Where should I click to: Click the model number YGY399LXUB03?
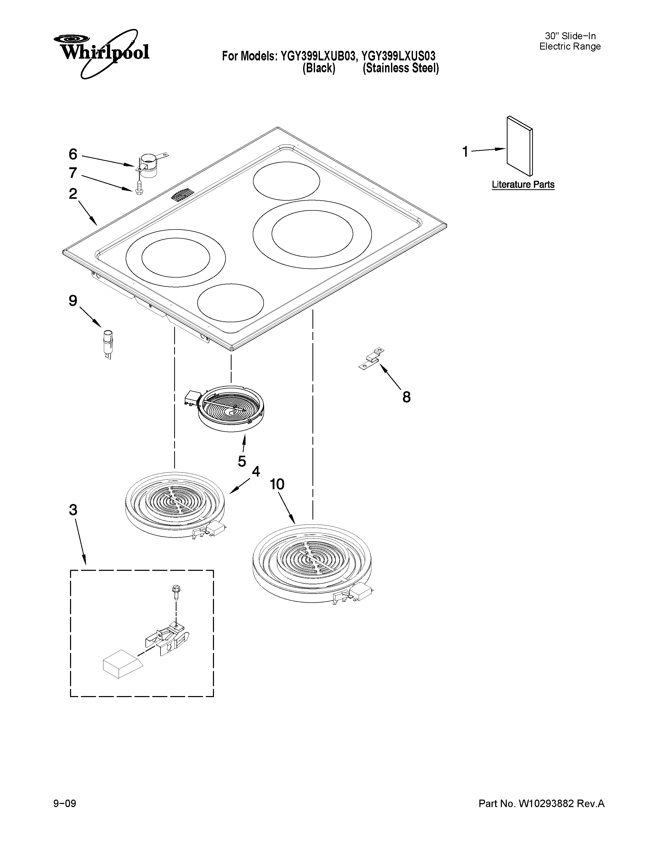click(317, 56)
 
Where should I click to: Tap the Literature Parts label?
click(523, 185)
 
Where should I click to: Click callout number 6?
click(73, 154)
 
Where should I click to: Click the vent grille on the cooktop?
click(182, 195)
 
